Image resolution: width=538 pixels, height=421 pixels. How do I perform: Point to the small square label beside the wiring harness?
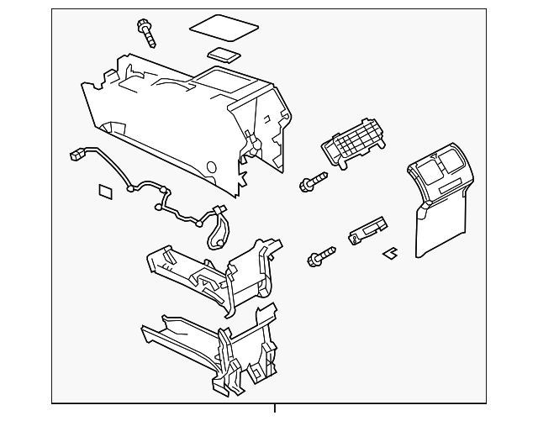pyautogui.click(x=107, y=190)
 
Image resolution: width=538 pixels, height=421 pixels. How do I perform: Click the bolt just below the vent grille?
pyautogui.click(x=312, y=180)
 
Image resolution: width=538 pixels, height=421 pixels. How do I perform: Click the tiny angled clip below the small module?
pyautogui.click(x=390, y=251)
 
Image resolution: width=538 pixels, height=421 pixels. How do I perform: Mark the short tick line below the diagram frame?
pyautogui.click(x=274, y=409)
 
